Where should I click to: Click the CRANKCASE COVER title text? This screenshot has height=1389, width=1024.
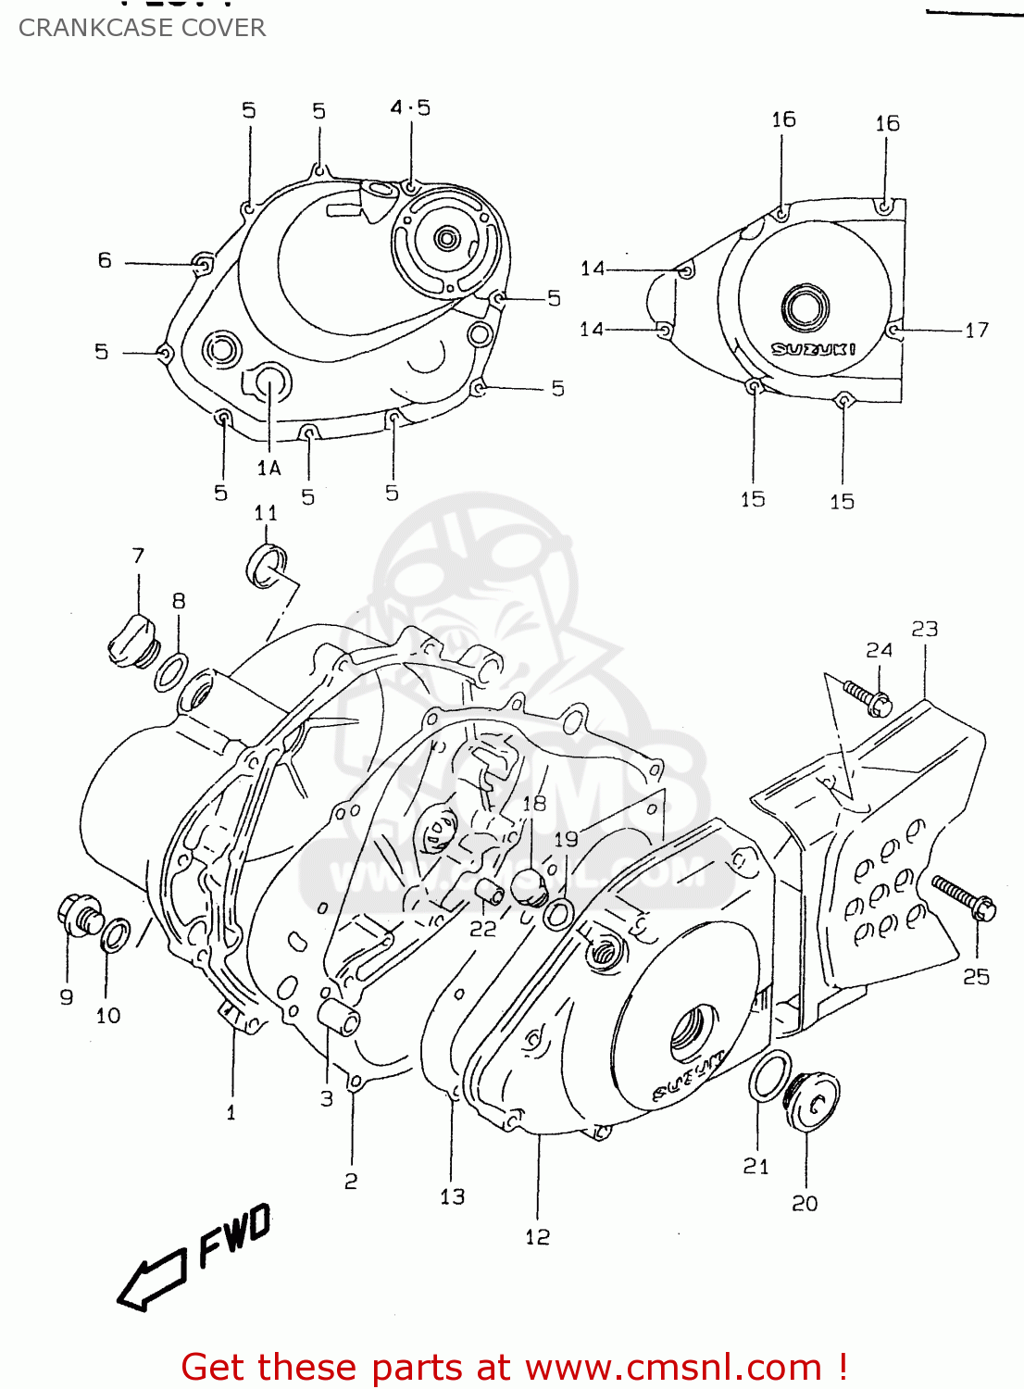[142, 28]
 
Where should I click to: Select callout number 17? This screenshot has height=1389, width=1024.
[977, 330]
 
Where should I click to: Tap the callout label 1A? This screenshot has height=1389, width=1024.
[268, 469]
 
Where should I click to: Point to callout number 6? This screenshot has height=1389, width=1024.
[105, 261]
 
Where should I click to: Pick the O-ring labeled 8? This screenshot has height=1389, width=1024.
[171, 670]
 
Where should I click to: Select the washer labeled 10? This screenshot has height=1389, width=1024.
[115, 935]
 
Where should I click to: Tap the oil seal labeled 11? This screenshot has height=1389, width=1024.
[267, 566]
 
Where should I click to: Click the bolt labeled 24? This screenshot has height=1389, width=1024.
[868, 697]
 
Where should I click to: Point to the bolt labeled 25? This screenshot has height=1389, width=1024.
[964, 897]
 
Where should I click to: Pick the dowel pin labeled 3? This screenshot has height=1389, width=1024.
[339, 1017]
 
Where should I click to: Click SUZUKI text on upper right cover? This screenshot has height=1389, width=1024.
[814, 349]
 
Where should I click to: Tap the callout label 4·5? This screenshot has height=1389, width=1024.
[410, 108]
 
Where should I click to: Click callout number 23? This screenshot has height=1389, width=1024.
[924, 630]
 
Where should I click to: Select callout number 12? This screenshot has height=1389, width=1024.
[537, 1237]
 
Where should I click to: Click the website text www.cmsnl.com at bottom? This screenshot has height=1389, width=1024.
[673, 1367]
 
